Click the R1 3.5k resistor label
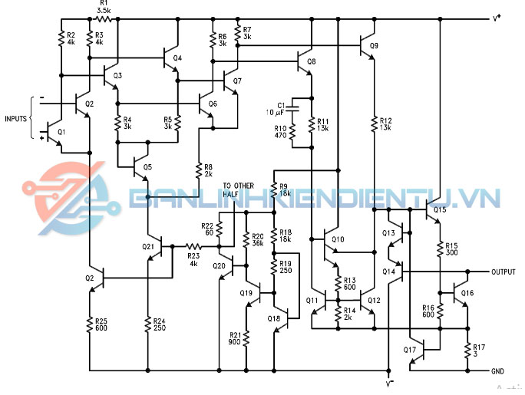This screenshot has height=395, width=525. click(104, 8)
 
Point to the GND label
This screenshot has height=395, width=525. click(497, 370)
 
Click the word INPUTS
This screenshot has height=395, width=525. click(15, 119)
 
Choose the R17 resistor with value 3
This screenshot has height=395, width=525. click(467, 350)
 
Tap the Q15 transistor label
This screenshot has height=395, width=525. click(439, 209)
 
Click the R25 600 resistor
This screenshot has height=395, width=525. click(90, 324)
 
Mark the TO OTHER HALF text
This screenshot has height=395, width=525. click(237, 189)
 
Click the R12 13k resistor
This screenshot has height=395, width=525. click(372, 123)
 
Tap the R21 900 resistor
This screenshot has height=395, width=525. click(246, 337)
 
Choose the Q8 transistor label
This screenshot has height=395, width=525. click(311, 61)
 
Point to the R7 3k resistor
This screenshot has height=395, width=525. click(237, 35)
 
